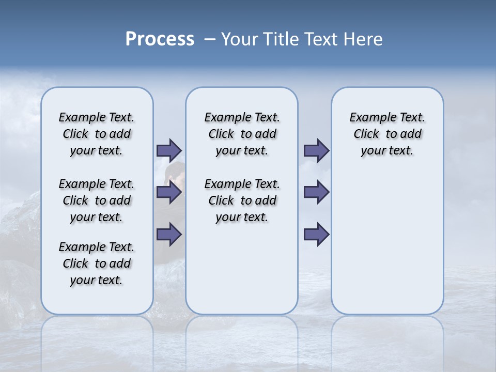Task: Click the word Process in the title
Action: [x=159, y=39]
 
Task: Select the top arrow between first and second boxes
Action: [x=169, y=150]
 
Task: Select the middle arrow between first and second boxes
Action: [x=169, y=192]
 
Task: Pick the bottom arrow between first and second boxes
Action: [x=169, y=234]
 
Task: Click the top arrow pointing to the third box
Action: [x=316, y=150]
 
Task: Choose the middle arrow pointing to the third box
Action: [x=316, y=192]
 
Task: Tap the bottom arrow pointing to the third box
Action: [x=316, y=234]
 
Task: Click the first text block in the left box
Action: [x=97, y=134]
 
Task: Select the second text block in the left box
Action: [x=97, y=200]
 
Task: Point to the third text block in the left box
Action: [x=97, y=263]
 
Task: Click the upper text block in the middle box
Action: [x=242, y=134]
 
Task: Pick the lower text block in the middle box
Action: [x=242, y=200]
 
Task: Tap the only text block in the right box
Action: [x=387, y=134]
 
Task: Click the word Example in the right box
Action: [x=368, y=118]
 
